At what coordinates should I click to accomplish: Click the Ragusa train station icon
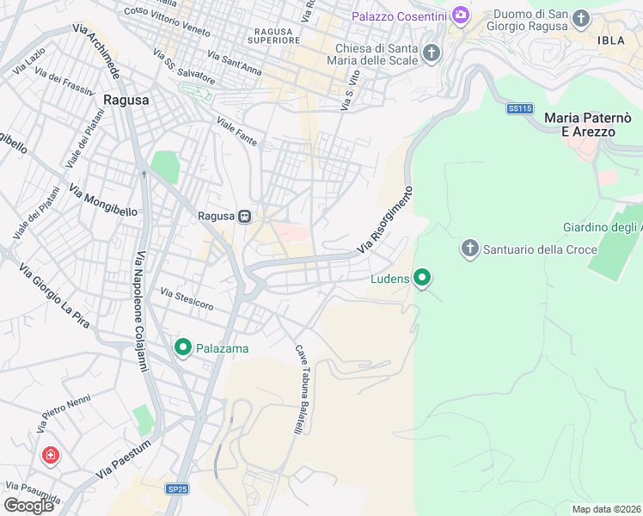coord(245,216)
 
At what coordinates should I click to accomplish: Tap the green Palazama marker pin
coord(183,347)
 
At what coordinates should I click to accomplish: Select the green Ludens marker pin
coord(421,278)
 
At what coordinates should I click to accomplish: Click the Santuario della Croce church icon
coord(469,249)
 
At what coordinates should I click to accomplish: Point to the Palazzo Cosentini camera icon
coord(461,15)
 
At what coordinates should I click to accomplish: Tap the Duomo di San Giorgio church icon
coord(582,18)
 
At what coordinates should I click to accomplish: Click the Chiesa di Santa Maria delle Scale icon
coord(432,53)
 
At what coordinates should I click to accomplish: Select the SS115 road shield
coord(520,108)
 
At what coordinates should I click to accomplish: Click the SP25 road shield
coord(176,488)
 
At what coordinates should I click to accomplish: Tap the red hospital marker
coord(51,455)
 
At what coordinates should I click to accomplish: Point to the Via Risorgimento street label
coord(387,221)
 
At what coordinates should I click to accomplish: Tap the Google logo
coord(29,505)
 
